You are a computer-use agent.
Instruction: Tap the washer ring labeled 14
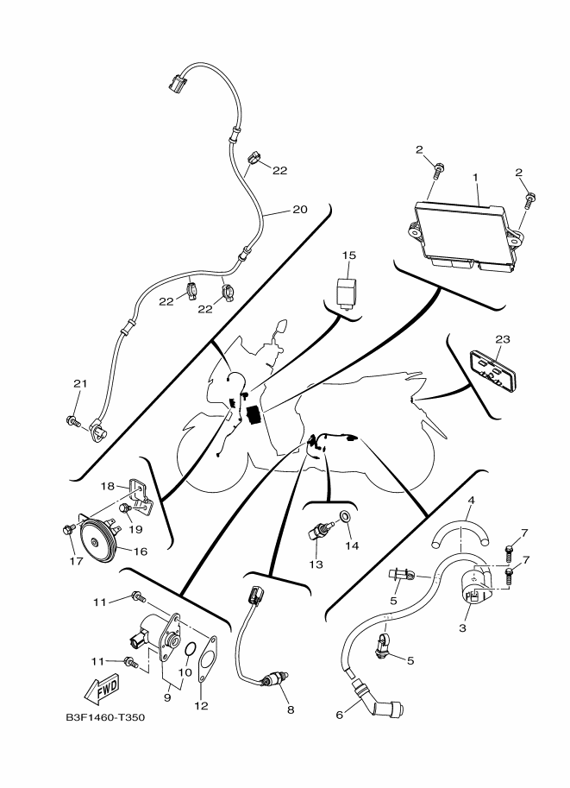point(345,518)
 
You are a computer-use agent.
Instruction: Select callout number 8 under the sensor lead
point(291,709)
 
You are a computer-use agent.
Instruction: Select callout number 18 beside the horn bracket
point(108,487)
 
